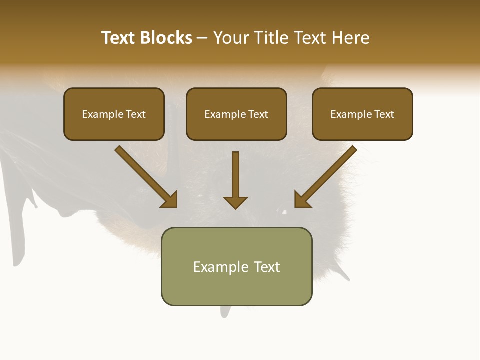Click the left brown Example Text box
tap(114, 114)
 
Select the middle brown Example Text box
tap(236, 114)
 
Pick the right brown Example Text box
tap(362, 114)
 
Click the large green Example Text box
tap(236, 266)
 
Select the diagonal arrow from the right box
tap(327, 175)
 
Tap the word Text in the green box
tap(266, 267)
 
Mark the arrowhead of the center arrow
tap(235, 202)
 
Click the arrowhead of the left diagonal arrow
tap(170, 200)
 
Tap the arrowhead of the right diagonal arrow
tap(302, 200)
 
